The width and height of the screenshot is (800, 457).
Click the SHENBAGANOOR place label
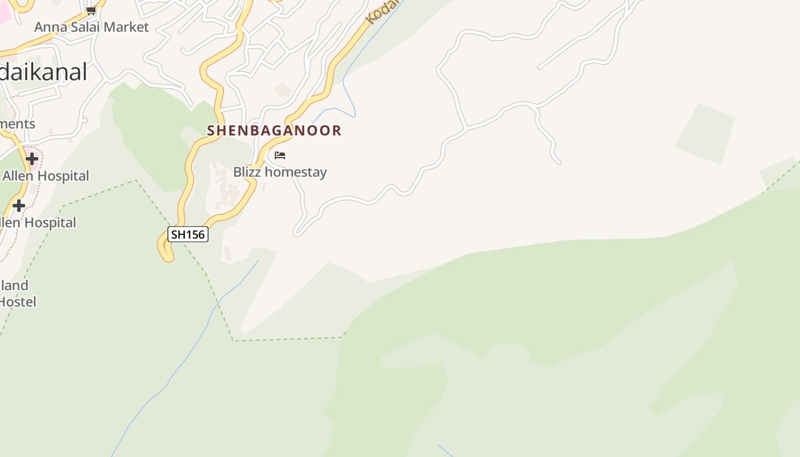click(274, 130)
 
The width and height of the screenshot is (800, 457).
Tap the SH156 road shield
click(188, 234)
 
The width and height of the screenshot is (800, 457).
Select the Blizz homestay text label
click(280, 172)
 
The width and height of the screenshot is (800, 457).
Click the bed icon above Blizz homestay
click(280, 155)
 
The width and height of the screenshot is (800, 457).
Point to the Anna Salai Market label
click(91, 27)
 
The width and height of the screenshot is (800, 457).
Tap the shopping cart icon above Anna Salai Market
click(91, 10)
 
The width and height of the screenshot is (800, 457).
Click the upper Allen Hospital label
click(46, 176)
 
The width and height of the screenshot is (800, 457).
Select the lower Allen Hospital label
click(39, 223)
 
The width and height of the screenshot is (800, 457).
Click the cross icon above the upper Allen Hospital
click(32, 158)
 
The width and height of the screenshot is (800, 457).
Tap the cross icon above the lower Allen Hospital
click(19, 205)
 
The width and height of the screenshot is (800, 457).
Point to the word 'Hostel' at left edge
click(18, 302)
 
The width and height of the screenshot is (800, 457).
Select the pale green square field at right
click(705, 133)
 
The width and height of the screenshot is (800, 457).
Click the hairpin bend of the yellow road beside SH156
click(165, 252)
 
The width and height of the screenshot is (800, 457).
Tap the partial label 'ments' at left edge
click(17, 124)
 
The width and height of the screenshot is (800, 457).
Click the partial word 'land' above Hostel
click(14, 285)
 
